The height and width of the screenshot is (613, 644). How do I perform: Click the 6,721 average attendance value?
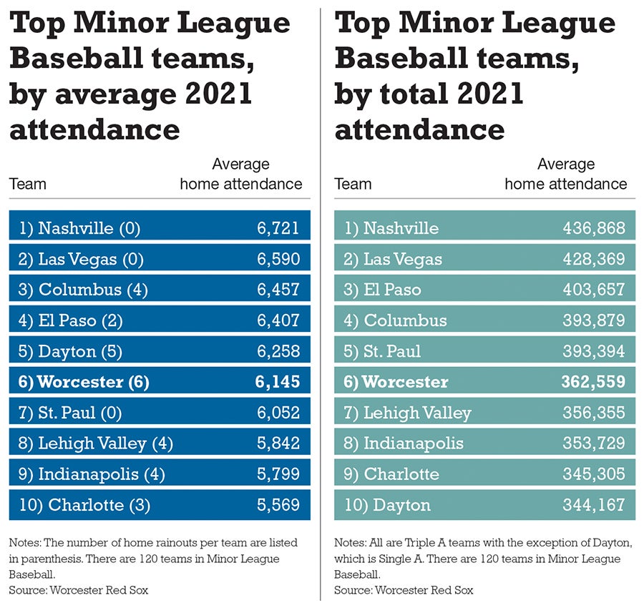(x=278, y=228)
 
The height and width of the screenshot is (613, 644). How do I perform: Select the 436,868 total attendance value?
(x=593, y=228)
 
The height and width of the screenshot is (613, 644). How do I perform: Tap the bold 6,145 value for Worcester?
(x=277, y=382)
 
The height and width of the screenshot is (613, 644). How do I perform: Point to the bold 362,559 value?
(x=592, y=382)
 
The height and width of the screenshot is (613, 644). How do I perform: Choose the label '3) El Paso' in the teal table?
(x=382, y=290)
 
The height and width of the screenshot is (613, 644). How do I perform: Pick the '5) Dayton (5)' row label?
(x=70, y=351)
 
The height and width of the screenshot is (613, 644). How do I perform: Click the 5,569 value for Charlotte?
(x=278, y=505)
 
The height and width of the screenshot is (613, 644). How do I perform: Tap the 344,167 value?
(x=593, y=505)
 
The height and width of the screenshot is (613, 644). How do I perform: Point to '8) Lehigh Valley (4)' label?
(x=96, y=443)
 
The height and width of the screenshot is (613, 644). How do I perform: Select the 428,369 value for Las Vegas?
(x=593, y=259)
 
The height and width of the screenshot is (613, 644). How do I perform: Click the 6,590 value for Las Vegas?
(x=278, y=259)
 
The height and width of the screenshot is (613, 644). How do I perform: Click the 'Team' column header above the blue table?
(x=28, y=184)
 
